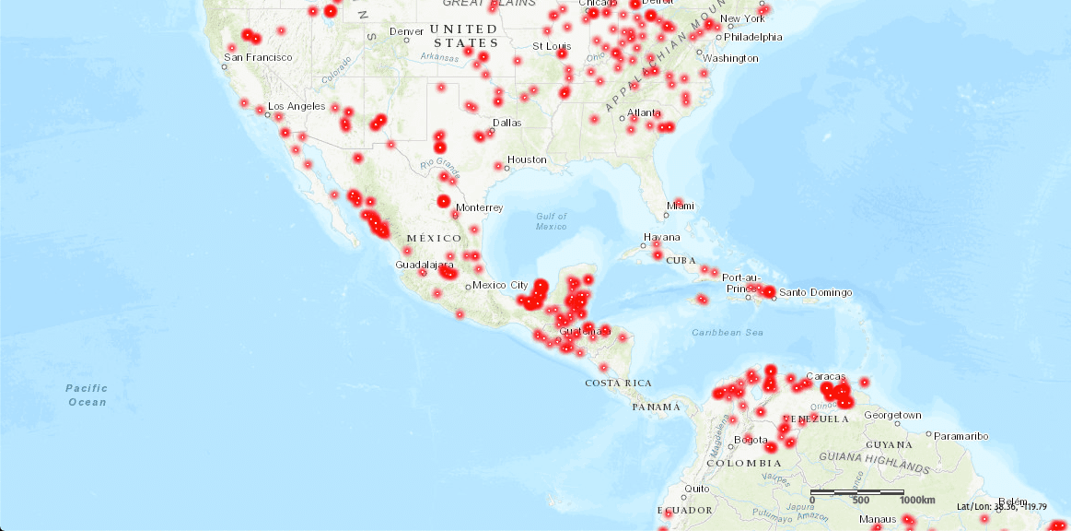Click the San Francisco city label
pos(258,57)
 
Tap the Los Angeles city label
pos(297,106)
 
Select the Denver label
pos(406,31)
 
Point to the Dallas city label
pos(506,122)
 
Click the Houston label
pos(527,159)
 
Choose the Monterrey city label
pos(480,207)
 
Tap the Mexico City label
pos(500,285)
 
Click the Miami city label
pos(681,206)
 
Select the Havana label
pos(662,237)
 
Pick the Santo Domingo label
pos(815,293)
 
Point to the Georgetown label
pos(892,415)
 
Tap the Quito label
pos(695,489)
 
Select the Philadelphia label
pos(753,37)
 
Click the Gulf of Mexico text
pos(552,221)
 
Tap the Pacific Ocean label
pos(87,395)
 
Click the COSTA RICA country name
pos(618,383)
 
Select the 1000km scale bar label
pos(918,500)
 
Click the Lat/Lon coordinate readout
pos(1012,506)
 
